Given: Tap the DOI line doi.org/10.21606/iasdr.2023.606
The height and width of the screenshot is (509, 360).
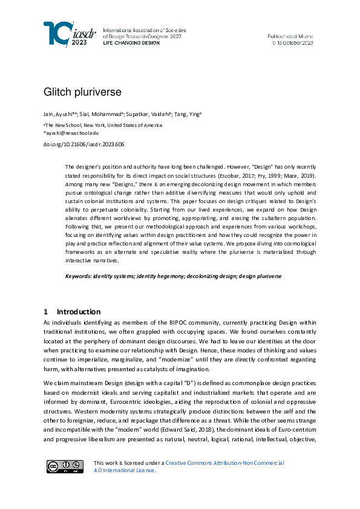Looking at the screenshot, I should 83,144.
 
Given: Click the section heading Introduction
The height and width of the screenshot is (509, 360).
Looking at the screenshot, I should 79,312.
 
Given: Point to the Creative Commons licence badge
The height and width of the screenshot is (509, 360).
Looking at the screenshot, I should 65,466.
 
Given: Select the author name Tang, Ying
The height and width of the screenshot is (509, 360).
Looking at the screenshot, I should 190,114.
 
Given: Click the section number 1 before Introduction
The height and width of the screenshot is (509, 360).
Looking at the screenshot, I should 45,312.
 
